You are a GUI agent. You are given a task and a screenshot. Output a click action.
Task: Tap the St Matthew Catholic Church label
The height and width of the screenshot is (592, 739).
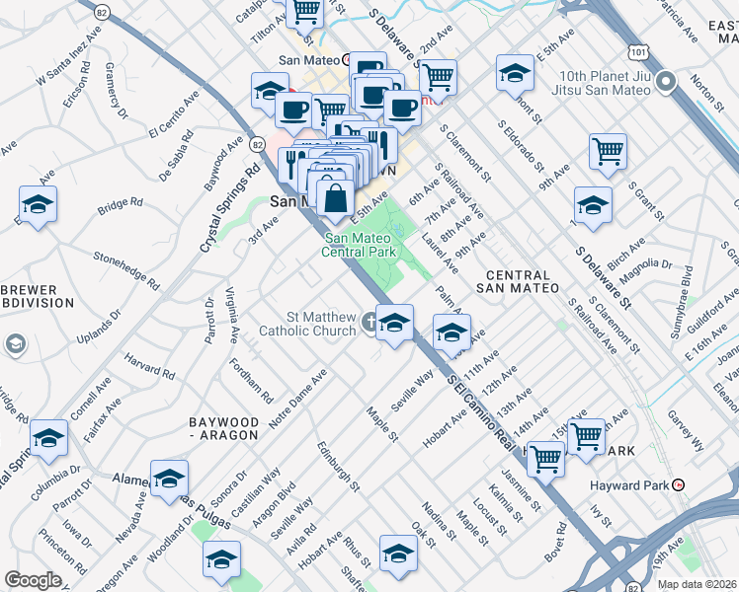point(306,324)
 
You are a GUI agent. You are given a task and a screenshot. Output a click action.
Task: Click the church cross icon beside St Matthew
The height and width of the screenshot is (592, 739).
point(369,321)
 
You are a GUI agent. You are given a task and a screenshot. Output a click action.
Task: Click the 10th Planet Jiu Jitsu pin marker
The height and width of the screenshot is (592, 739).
point(667,82)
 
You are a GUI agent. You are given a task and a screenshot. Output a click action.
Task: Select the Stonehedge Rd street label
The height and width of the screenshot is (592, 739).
point(125,267)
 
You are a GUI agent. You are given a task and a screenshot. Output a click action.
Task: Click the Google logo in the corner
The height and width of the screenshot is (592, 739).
point(33,580)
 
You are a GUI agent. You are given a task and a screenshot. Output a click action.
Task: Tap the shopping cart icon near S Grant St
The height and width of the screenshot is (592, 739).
point(608,151)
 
